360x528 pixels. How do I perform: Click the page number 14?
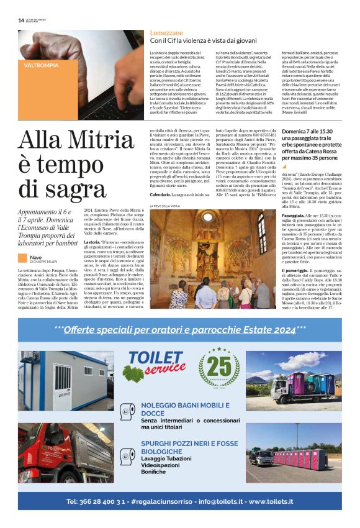(x=21, y=19)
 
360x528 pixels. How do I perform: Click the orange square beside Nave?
(x=22, y=257)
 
